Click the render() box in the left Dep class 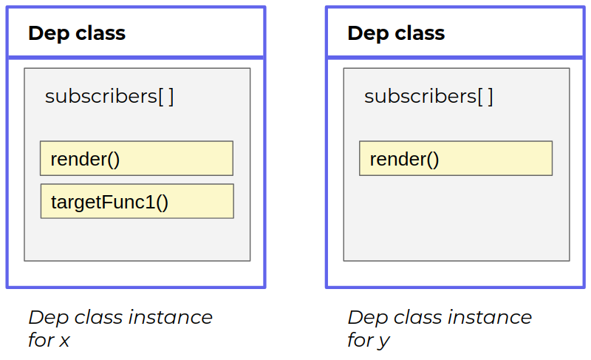(137, 159)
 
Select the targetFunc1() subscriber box (137, 202)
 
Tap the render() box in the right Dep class (455, 159)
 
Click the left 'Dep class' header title (77, 33)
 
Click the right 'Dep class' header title (396, 33)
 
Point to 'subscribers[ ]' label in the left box (109, 97)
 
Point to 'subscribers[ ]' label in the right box (428, 97)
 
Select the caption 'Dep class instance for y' (439, 328)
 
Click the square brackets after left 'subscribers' (166, 97)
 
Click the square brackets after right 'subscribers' (485, 97)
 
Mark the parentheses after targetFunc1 (162, 203)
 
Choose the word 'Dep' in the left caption (44, 318)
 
